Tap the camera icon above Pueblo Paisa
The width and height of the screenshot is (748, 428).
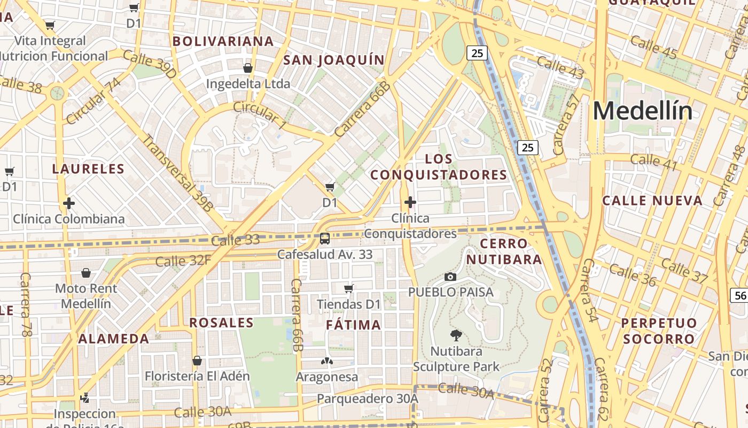(x=450, y=277)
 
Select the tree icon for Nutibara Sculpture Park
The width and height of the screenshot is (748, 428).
(x=456, y=335)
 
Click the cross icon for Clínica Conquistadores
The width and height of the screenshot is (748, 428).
(x=410, y=202)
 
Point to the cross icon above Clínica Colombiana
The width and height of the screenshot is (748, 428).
(x=68, y=203)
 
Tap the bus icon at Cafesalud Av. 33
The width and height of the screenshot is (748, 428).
(x=324, y=239)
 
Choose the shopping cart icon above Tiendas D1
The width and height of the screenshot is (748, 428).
(x=349, y=289)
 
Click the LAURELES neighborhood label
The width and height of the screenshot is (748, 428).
(x=88, y=169)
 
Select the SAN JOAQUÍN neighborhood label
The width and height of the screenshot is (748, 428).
(x=334, y=60)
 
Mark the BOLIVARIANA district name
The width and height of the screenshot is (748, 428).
(x=223, y=41)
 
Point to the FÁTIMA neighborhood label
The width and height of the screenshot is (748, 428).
(x=354, y=325)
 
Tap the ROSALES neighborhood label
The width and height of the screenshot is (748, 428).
(x=221, y=323)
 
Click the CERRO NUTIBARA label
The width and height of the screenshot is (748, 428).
(x=504, y=251)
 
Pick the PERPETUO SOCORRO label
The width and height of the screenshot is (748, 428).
(x=659, y=331)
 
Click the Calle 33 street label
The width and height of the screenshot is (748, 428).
(x=235, y=241)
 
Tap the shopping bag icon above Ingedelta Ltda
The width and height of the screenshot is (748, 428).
(x=248, y=68)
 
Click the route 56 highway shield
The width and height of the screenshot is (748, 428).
(x=739, y=295)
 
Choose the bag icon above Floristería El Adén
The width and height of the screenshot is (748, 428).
(x=197, y=361)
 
